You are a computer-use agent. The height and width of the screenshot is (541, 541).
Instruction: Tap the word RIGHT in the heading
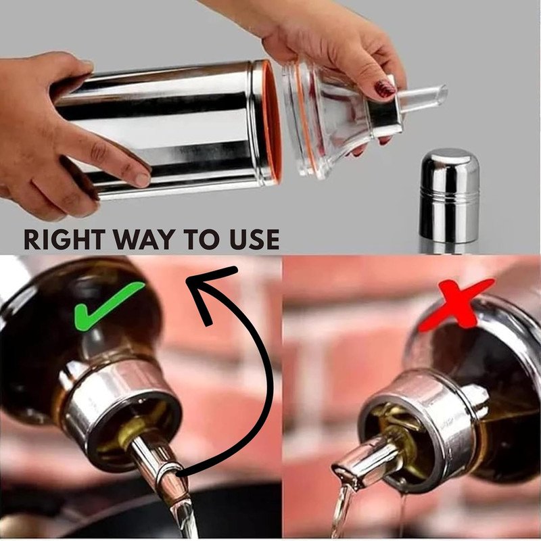point(64,239)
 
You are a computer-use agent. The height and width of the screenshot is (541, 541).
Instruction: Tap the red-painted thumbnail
point(385,89)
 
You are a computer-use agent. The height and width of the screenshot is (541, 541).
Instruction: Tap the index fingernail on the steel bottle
point(141,179)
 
